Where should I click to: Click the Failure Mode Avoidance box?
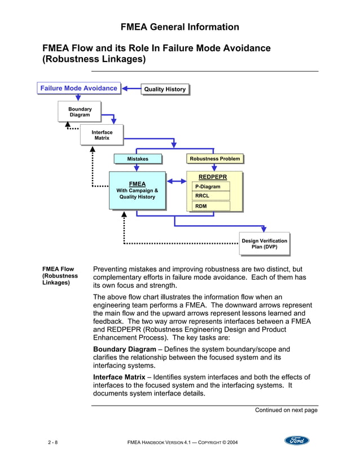79,88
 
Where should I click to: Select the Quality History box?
164,89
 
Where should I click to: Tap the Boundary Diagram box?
80,111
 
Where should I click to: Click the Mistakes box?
138,159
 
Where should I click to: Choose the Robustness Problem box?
214,159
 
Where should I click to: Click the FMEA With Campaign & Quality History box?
137,190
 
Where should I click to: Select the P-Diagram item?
212,187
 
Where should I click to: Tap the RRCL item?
212,196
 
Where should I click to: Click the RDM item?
212,206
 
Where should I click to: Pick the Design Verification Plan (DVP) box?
264,244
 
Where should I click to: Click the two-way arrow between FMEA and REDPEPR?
177,181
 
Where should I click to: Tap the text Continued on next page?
286,410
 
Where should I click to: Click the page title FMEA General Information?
180,27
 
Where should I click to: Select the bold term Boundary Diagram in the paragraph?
124,349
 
